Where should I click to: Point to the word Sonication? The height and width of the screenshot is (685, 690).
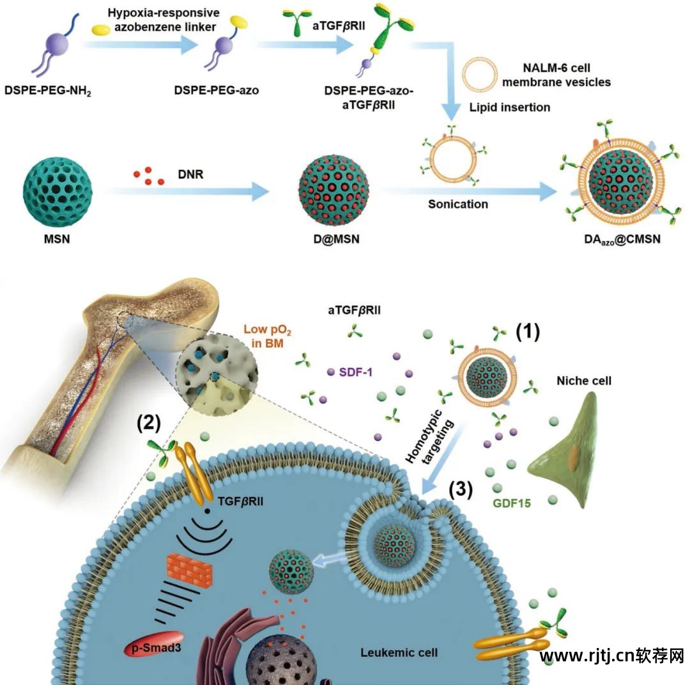click(x=457, y=204)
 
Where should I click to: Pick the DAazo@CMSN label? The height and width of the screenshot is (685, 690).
click(x=617, y=240)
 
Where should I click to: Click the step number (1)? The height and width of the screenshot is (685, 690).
click(x=528, y=332)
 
